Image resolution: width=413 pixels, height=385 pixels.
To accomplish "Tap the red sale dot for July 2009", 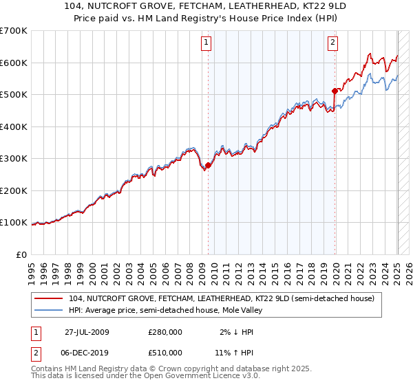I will [208, 165].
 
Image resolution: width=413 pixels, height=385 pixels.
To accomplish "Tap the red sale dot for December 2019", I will [335, 91].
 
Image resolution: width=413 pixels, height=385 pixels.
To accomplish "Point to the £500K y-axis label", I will [14, 95].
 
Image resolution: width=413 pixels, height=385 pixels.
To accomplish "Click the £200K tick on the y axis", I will [14, 190].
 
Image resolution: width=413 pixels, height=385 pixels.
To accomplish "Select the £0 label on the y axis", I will [23, 254].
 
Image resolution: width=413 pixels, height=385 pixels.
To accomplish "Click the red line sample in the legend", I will [49, 298].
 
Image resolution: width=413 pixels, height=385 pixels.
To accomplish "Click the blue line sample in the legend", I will [49, 310].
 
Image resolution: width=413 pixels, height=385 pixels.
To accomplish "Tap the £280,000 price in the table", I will [165, 332].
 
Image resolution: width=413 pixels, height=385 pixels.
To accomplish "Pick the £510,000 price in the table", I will [165, 353].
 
